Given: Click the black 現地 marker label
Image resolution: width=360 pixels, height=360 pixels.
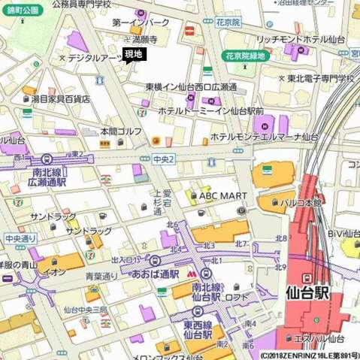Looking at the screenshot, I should tap(133, 54).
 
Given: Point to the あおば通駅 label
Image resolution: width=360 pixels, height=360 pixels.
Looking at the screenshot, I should tap(155, 274).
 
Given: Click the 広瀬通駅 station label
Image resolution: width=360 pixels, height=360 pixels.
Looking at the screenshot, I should tap(47, 181).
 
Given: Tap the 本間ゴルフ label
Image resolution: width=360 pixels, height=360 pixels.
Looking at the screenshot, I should tap(121, 131).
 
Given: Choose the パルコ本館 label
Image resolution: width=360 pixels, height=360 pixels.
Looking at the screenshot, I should tap(301, 202).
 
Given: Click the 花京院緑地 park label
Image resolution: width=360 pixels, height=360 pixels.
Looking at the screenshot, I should tap(245, 56).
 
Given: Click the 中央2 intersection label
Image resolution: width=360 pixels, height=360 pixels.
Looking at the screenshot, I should tap(163, 159).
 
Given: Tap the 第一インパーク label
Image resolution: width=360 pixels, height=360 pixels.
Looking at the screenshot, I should tap(141, 23).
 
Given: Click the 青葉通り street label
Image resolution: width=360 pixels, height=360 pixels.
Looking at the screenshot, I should tap(101, 276).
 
